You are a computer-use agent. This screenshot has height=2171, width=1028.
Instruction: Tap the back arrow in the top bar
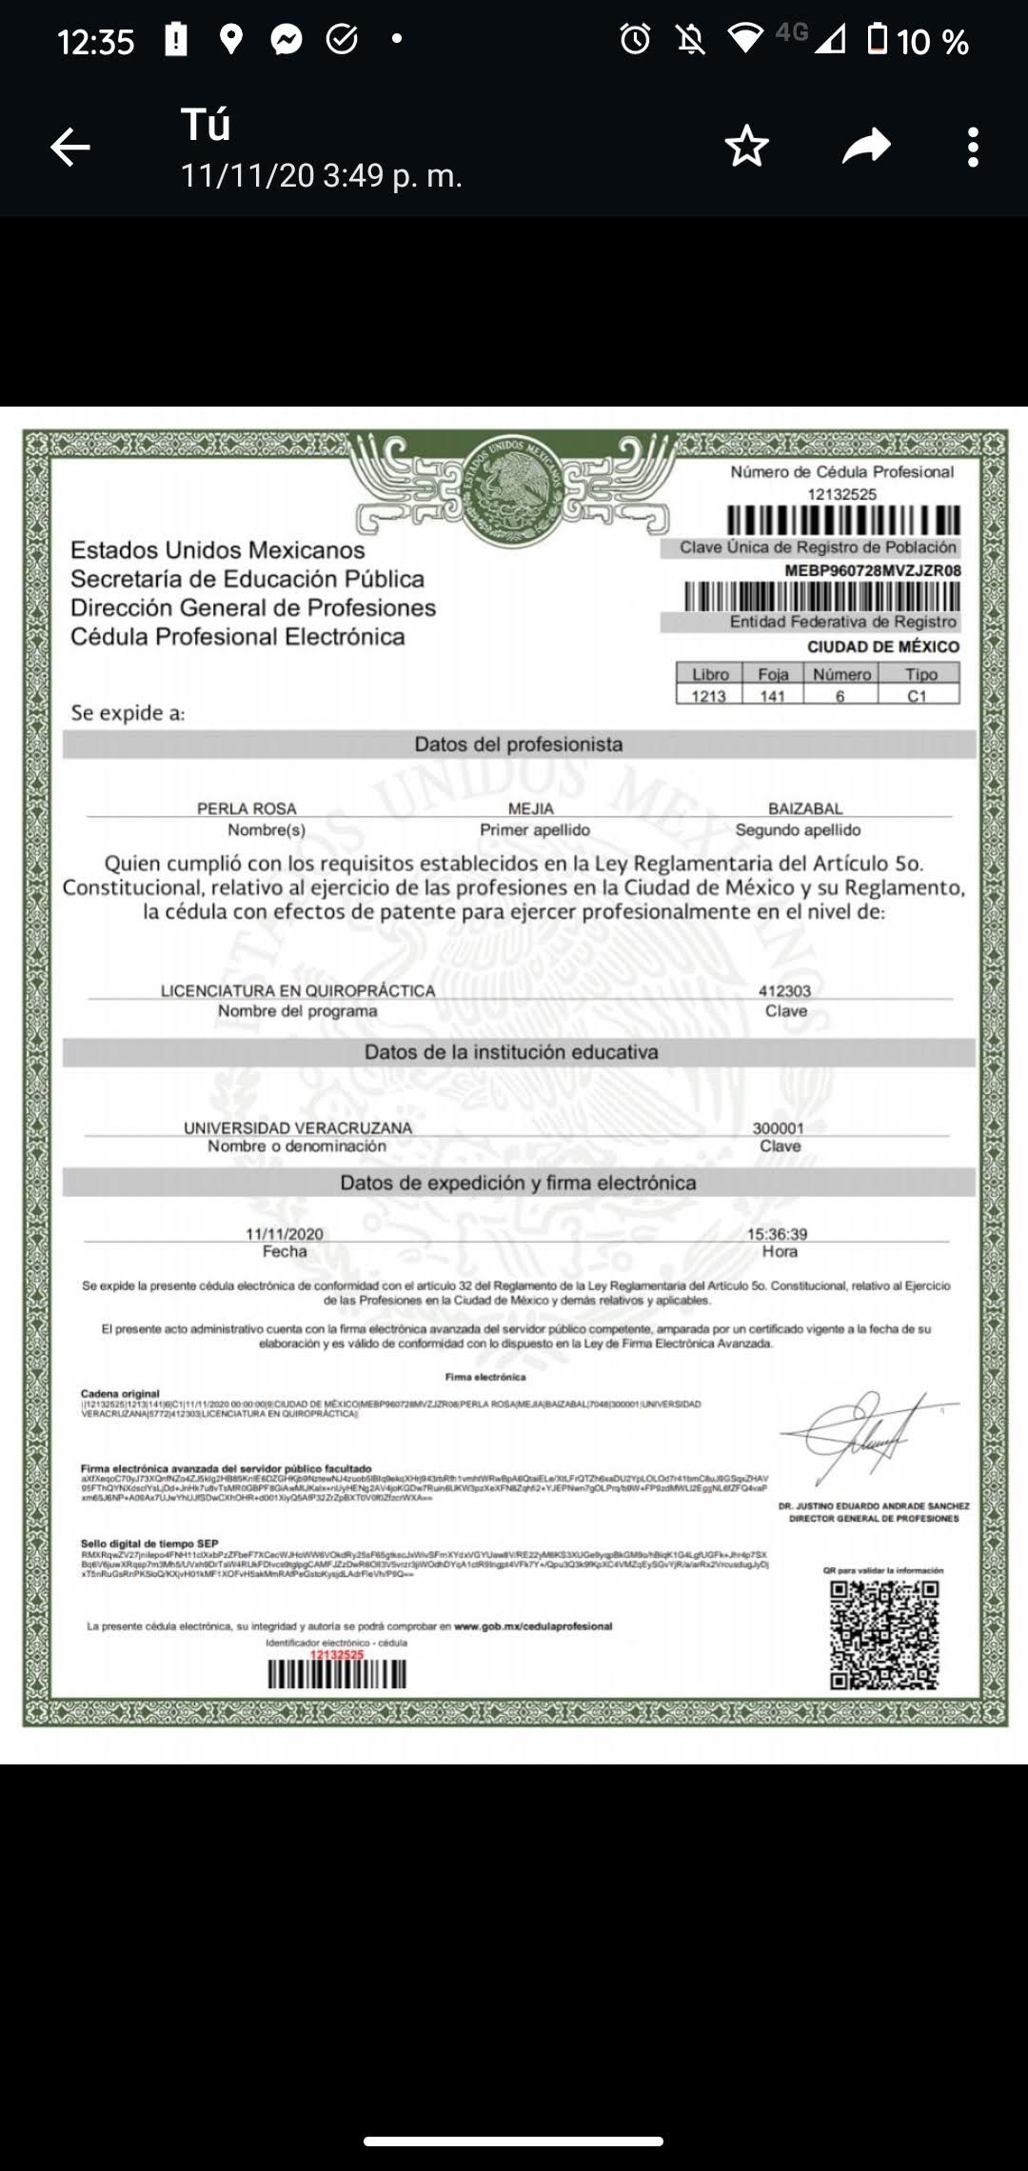[x=70, y=148]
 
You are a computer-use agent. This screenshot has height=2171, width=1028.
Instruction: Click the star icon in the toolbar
[x=746, y=147]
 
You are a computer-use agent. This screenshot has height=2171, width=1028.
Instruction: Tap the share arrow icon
[x=866, y=147]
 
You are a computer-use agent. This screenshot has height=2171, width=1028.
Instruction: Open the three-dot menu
[x=972, y=148]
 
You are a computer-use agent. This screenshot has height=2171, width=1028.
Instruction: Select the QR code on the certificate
[x=884, y=1635]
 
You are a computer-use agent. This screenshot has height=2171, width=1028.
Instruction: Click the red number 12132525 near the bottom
[x=337, y=1655]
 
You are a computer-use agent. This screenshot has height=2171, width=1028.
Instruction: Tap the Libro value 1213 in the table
[x=708, y=696]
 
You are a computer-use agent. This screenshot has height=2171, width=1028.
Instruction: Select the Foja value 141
[x=773, y=696]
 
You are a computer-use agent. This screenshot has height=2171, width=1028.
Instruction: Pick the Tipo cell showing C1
[x=917, y=696]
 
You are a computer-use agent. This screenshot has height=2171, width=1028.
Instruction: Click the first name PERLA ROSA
[x=247, y=808]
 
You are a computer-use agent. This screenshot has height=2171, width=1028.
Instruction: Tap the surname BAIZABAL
[x=805, y=808]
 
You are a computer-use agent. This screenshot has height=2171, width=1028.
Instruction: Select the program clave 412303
[x=784, y=990]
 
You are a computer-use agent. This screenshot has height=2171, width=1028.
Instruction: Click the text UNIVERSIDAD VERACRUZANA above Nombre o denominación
[x=298, y=1127]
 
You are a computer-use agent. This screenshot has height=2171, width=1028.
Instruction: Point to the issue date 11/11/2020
[x=285, y=1233]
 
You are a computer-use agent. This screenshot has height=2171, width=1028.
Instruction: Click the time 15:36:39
[x=777, y=1233]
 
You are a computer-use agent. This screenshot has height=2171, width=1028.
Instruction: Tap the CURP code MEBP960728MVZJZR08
[x=873, y=570]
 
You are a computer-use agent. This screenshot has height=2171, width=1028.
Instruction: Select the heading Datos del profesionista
[x=519, y=745]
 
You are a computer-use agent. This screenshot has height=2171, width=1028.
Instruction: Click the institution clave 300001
[x=779, y=1127]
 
